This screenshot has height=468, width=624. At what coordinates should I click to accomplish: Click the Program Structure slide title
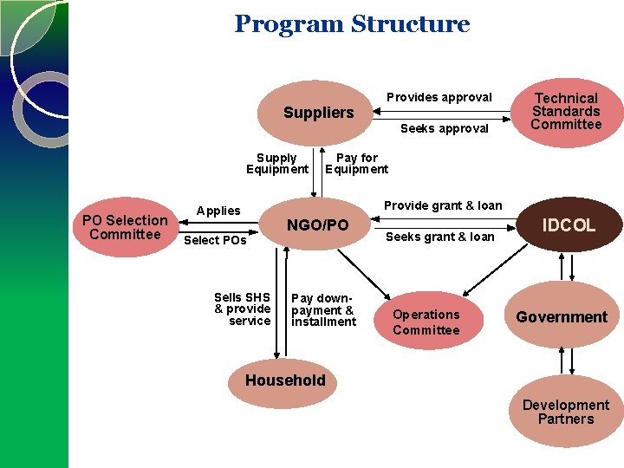(x=352, y=24)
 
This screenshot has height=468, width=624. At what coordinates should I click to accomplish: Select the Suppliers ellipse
(x=318, y=114)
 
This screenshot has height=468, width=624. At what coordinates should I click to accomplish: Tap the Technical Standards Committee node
(x=566, y=112)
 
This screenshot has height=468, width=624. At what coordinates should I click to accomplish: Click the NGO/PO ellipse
(x=317, y=225)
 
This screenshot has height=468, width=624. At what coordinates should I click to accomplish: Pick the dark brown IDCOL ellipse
(x=569, y=225)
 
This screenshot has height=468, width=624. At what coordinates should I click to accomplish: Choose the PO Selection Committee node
(x=125, y=228)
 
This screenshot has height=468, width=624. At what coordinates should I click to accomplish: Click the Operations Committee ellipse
(x=426, y=322)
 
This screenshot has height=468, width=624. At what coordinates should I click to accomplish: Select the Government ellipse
(x=562, y=317)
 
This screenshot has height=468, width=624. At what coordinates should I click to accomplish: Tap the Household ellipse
(x=285, y=380)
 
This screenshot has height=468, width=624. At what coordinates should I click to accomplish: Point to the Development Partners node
(x=565, y=412)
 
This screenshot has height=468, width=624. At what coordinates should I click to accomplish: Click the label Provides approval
(x=439, y=97)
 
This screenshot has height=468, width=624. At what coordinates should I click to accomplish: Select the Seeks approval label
(x=444, y=129)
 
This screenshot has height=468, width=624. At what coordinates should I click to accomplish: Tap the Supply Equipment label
(x=276, y=164)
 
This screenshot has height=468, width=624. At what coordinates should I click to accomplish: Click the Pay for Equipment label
(x=356, y=164)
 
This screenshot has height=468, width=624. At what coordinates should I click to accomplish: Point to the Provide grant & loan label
(x=443, y=205)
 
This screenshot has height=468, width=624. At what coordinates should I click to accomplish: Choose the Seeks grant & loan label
(x=439, y=237)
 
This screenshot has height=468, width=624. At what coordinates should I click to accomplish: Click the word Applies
(x=218, y=211)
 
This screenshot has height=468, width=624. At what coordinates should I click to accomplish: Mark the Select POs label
(x=215, y=240)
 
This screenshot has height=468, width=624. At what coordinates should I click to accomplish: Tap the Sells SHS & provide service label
(x=243, y=309)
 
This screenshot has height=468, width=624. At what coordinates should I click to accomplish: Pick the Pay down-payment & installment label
(x=323, y=310)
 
